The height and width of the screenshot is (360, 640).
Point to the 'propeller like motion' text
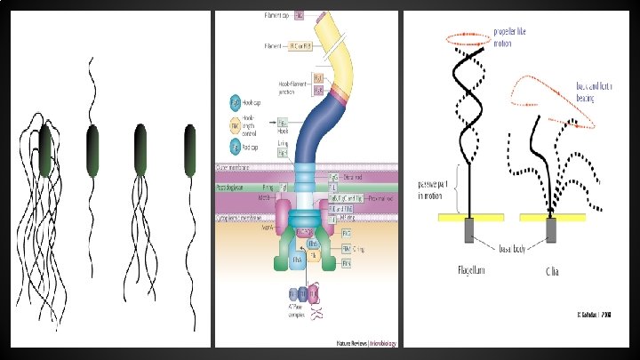click(515, 35)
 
